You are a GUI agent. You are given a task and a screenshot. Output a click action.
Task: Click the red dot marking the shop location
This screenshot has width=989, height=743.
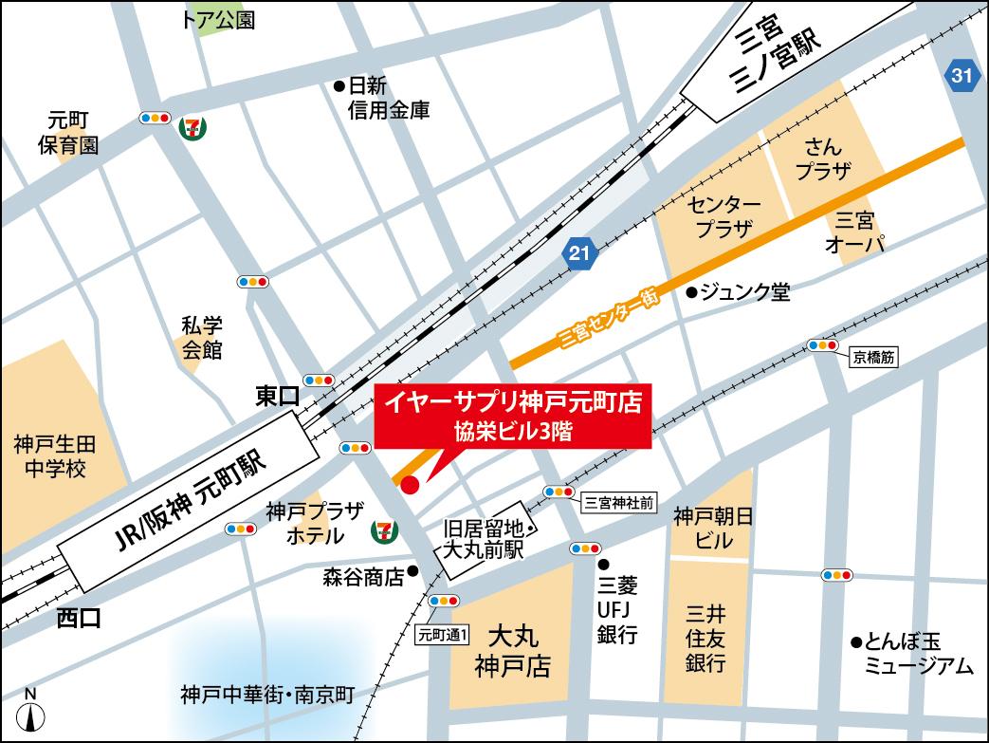click(x=410, y=486)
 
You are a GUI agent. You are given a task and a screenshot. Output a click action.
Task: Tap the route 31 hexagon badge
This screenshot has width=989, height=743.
click(x=962, y=77)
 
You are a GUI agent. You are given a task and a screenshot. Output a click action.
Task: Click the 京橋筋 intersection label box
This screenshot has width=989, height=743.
click(x=873, y=359)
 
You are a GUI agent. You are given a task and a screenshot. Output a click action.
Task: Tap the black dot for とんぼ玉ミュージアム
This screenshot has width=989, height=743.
click(x=855, y=641)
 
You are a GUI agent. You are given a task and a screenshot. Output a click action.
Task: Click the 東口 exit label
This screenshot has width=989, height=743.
click(x=277, y=396)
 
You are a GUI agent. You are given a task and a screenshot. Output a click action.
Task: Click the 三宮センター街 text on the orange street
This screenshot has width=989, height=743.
click(x=608, y=317)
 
